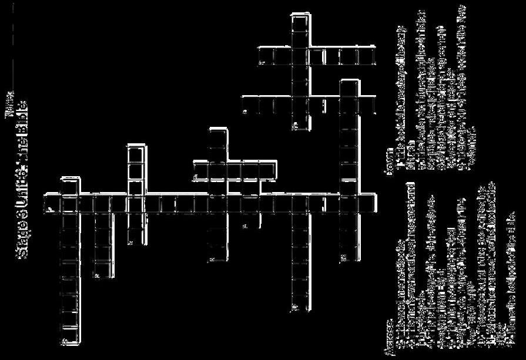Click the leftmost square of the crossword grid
pyautogui.click(x=53, y=203)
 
